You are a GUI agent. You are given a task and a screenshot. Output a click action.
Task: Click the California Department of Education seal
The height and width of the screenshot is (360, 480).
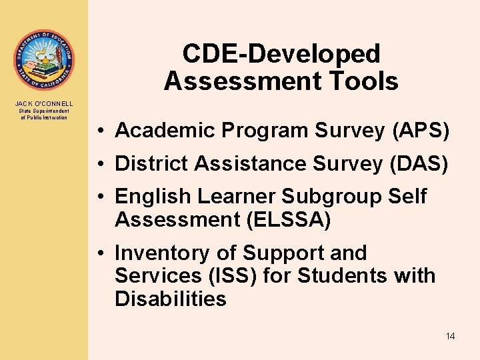[43, 60]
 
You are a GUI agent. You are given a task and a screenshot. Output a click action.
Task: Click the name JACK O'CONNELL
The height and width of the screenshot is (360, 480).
[43, 103]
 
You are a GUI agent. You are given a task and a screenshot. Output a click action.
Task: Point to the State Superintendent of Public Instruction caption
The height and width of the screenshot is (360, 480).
[43, 114]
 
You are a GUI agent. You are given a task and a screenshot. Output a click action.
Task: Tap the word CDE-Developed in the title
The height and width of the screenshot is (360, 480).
[281, 54]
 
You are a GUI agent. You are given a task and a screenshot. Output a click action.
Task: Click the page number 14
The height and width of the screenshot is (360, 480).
[450, 336]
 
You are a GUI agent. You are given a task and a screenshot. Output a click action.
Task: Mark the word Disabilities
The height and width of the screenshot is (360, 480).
[171, 299]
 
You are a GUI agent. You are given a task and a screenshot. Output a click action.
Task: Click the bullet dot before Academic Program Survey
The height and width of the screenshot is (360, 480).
[97, 131]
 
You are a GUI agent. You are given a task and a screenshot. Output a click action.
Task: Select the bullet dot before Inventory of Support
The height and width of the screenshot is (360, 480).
[97, 254]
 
